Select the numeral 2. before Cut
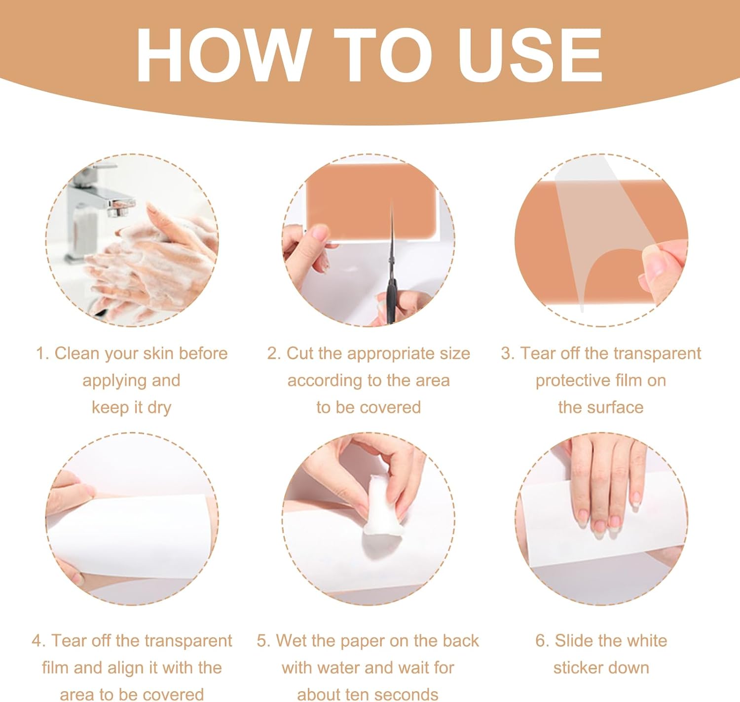tap(274, 354)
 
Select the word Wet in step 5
tap(290, 641)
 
